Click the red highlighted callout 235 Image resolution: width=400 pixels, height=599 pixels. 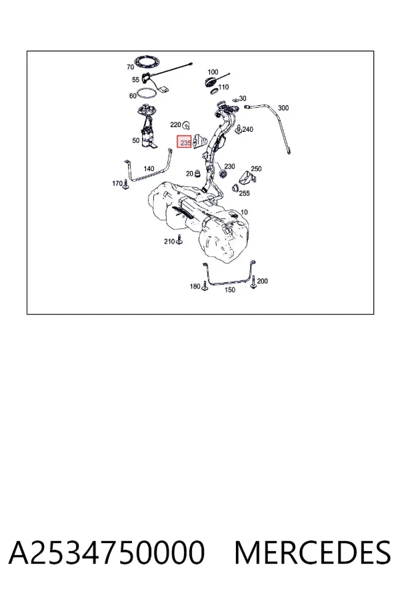pos(184,142)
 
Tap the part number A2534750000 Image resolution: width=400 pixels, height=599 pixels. pos(107,552)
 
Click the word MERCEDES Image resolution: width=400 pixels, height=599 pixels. pos(313,552)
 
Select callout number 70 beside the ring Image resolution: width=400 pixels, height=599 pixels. pos(130,67)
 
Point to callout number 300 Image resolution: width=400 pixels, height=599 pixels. pos(283,108)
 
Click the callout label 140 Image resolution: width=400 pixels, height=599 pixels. pos(149,168)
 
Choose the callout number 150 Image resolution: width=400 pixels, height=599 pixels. pos(229,290)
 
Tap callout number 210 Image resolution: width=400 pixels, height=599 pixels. pos(169,242)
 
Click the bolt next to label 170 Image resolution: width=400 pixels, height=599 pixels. pos(126,184)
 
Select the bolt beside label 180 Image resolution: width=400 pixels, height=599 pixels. pos(205,286)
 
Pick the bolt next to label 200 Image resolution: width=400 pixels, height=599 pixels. pos(253,283)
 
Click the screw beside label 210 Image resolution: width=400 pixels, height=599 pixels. pos(179,240)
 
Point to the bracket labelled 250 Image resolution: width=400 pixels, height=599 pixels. pos(247,178)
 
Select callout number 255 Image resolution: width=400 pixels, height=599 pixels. pos(244,193)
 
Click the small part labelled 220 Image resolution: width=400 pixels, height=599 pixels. pos(187,124)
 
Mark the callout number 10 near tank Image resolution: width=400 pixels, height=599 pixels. pos(244,212)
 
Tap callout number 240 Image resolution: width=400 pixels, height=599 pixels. pos(247,130)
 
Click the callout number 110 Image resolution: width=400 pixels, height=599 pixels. pos(223,87)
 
